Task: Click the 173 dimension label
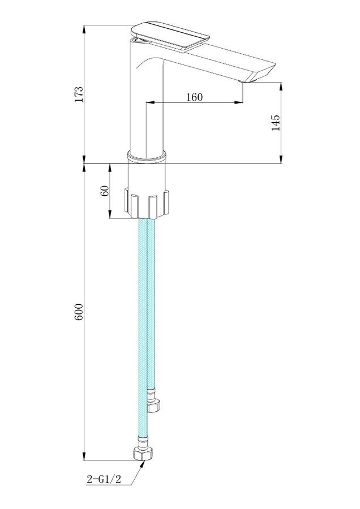tap(79, 94)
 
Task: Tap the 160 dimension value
tap(194, 97)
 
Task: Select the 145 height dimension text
tap(275, 122)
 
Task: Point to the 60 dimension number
tap(105, 191)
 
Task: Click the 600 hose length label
tap(79, 312)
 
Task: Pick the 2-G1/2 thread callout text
tap(104, 479)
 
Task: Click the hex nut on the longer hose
tap(143, 453)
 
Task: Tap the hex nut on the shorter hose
tap(154, 406)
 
